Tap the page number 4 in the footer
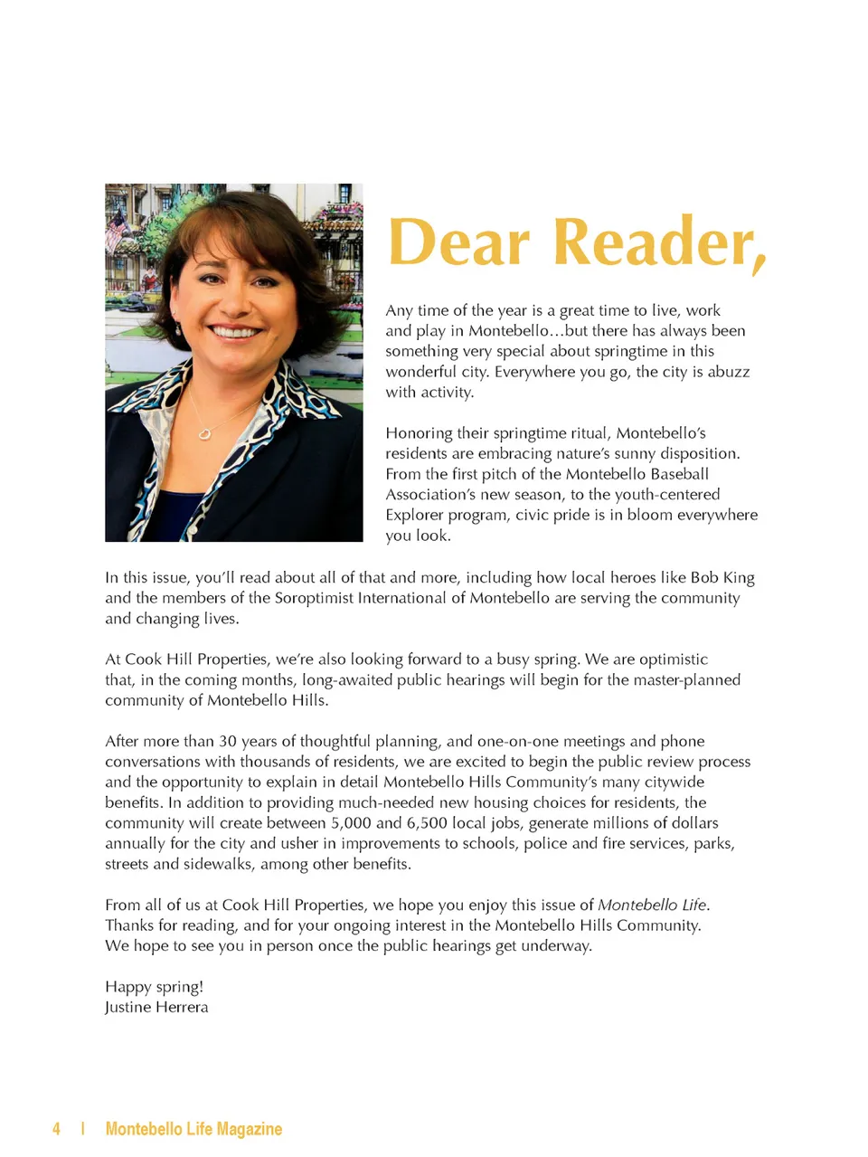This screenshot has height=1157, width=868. (56, 1128)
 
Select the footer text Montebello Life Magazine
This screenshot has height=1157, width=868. (193, 1128)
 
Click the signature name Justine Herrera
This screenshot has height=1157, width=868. (156, 1007)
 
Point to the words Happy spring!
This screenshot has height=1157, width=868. (154, 986)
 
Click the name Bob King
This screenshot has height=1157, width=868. (722, 577)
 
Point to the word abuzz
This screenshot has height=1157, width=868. (727, 372)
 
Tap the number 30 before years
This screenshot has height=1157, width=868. (228, 741)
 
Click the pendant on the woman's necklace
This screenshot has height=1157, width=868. (205, 433)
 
